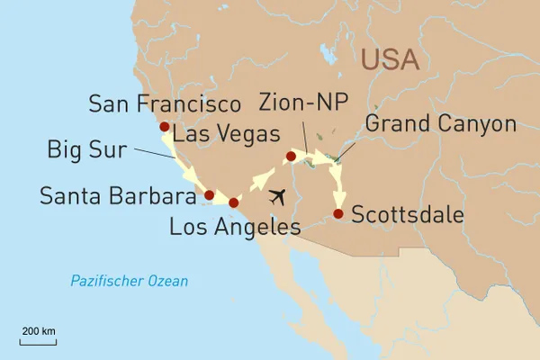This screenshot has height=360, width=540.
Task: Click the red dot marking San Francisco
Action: click(164, 127)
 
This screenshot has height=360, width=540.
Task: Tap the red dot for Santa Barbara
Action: click(209, 194)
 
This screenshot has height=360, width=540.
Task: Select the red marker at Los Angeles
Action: click(234, 202)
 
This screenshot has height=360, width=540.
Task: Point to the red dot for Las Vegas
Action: click(290, 157)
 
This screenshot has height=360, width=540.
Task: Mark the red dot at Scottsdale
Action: click(337, 213)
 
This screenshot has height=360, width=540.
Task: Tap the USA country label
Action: click(390, 59)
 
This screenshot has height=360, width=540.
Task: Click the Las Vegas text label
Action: click(226, 134)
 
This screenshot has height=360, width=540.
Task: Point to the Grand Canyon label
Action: click(440, 124)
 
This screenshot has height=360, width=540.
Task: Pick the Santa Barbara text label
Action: click(118, 195)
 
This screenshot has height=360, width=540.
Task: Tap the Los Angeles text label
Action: click(234, 228)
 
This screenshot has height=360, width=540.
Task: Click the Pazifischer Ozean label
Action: click(130, 282)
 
